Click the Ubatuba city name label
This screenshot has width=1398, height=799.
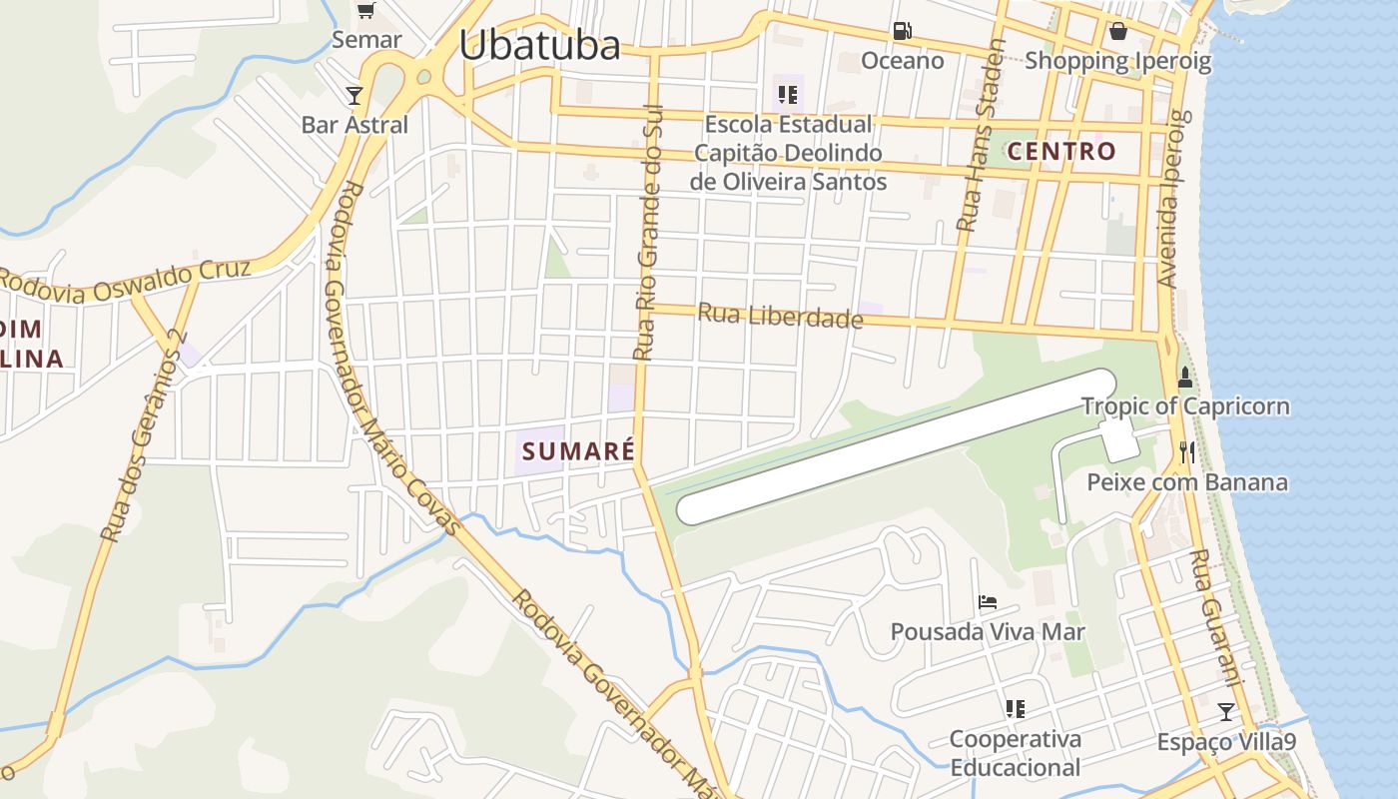coord(539,44)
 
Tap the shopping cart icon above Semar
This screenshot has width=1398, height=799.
coord(365,11)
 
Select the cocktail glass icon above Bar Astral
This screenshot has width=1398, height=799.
coord(354,96)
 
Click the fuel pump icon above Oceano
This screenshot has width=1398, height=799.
coord(902,31)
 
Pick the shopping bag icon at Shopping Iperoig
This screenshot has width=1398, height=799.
coord(1118,31)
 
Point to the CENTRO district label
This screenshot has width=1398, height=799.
coord(1061,151)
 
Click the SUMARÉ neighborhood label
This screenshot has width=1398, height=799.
coord(578,450)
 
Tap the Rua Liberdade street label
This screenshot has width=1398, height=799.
coord(780,316)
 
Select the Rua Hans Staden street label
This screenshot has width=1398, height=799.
coord(980,136)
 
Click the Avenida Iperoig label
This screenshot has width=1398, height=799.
coord(1173,199)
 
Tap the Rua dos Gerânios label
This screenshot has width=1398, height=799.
coord(144,436)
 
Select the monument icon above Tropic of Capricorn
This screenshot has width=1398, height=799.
coord(1185,378)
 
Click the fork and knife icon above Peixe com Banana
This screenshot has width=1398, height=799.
coord(1186,452)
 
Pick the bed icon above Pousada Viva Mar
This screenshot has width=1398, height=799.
coord(988,602)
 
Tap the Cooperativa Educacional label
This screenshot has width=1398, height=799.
coord(1015,753)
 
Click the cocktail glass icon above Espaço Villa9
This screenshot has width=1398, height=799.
coord(1225,712)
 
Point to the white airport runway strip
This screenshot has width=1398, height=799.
coord(896,446)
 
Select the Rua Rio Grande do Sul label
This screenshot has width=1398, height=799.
coord(648,232)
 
